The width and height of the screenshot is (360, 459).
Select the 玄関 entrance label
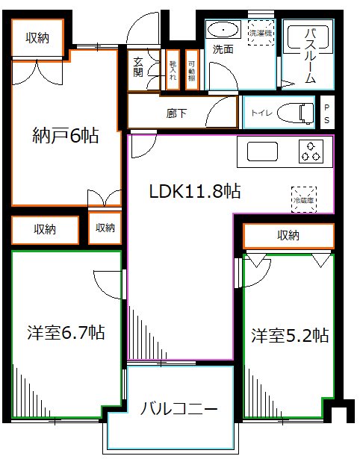pos(138,68)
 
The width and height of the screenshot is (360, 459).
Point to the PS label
pos(326,113)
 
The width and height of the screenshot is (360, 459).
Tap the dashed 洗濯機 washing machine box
pos(261,34)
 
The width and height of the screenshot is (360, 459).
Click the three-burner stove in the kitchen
pos(311,151)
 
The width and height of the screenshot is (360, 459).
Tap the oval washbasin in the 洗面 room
pos(223,29)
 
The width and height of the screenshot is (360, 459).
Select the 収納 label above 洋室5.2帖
pos(288,236)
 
